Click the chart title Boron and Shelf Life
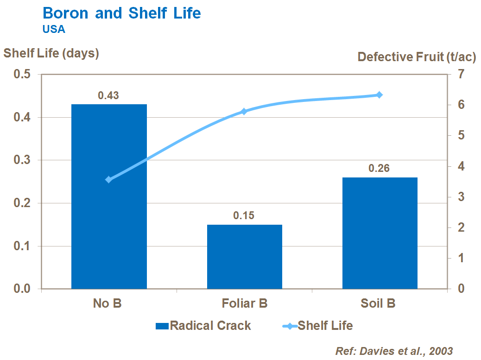pyautogui.click(x=121, y=13)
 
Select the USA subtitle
pyautogui.click(x=54, y=29)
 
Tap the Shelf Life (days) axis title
pyautogui.click(x=51, y=53)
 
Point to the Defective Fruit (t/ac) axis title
pyautogui.click(x=417, y=57)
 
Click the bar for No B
pyautogui.click(x=109, y=196)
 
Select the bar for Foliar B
pyautogui.click(x=245, y=257)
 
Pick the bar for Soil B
pyautogui.click(x=380, y=233)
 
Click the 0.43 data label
pyautogui.click(x=108, y=96)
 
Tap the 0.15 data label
pyautogui.click(x=244, y=216)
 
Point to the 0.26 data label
pyautogui.click(x=379, y=169)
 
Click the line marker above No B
pyautogui.click(x=109, y=180)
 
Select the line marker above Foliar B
pyautogui.click(x=244, y=112)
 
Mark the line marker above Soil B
pyautogui.click(x=379, y=95)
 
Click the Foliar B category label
pyautogui.click(x=245, y=304)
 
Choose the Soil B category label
pyautogui.click(x=378, y=304)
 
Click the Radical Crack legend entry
pyautogui.click(x=204, y=326)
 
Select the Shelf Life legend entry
pyautogui.click(x=318, y=326)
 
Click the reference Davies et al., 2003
pyautogui.click(x=394, y=351)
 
